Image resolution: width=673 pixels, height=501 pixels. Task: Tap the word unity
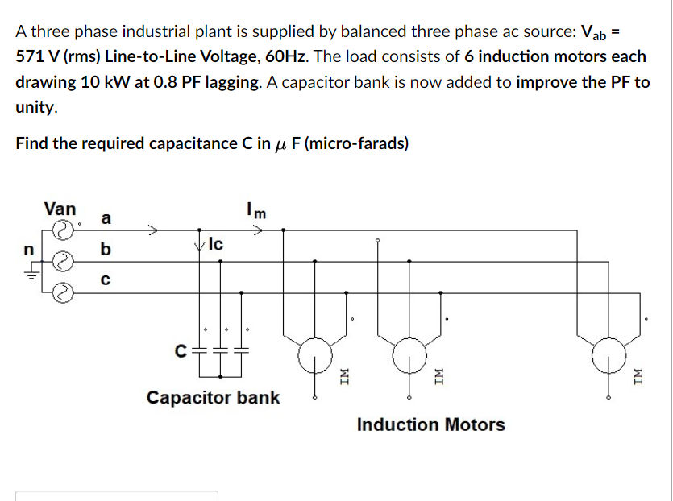35,107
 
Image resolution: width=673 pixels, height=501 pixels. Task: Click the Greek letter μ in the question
280,144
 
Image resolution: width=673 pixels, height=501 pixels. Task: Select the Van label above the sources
60,209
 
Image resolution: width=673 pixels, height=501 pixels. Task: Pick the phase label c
103,280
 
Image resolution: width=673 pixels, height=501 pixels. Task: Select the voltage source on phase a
62,230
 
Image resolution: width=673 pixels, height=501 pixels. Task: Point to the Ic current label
216,242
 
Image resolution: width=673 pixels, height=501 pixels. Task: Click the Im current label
257,212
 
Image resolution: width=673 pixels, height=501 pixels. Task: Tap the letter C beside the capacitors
182,350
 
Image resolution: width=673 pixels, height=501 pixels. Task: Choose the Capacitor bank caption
213,397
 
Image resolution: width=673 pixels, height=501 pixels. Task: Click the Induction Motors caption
430,424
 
